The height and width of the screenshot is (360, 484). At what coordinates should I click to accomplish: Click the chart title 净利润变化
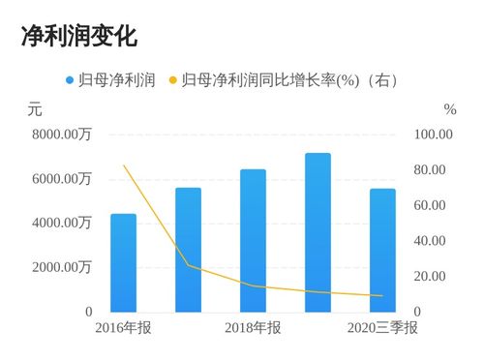tap(78, 36)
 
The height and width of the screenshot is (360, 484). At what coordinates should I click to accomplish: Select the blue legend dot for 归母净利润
tap(70, 80)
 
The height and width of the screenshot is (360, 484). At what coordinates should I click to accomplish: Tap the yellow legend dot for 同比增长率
tap(173, 80)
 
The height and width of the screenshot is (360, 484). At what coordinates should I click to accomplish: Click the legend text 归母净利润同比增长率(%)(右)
tap(290, 80)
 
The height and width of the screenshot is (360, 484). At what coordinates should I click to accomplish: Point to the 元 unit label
tap(34, 109)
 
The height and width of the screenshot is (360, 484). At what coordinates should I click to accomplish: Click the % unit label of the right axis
tap(449, 109)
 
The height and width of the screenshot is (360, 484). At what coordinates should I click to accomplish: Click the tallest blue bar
tap(318, 232)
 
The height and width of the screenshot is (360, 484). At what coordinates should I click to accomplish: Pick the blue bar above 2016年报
tap(123, 262)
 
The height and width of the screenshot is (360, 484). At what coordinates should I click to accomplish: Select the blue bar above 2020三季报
tap(382, 250)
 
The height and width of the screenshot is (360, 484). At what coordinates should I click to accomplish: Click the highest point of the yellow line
tap(123, 165)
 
